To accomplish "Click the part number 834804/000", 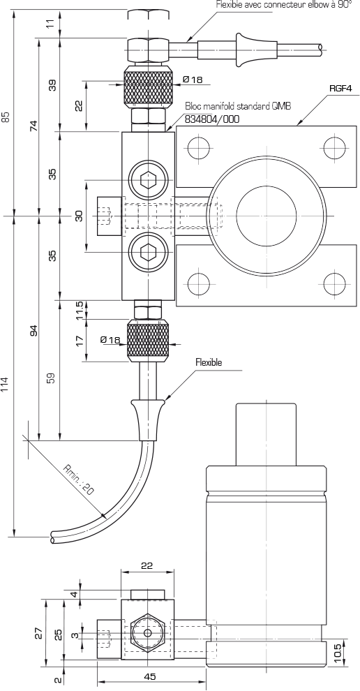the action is pos(212,119).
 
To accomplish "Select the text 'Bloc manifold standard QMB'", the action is pos(238,106).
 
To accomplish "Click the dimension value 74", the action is pos(33,126).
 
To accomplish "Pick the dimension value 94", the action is pos(33,330).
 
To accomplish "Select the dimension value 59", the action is pos(52,378).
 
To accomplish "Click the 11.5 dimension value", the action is pos(80,311).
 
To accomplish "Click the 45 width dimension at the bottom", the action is pos(150,676).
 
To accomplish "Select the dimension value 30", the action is pos(80,216).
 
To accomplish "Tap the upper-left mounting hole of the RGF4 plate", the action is pos(199,148).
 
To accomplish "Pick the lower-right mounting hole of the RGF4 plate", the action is pos(334,283).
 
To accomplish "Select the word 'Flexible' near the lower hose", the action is pos(209,363).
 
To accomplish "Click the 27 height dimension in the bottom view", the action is pos(39,633).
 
